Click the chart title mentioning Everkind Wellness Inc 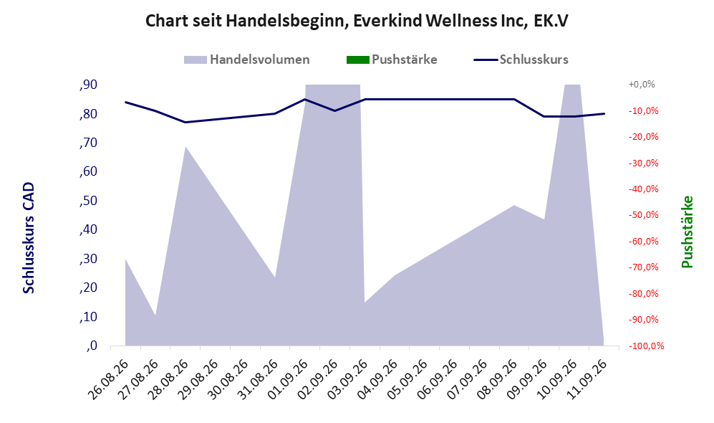tap(357, 21)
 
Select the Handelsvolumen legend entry tap(247, 60)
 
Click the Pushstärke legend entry tap(392, 60)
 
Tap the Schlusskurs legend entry tap(521, 60)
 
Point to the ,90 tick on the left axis tap(88, 85)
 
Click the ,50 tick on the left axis tap(88, 201)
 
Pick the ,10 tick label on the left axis tap(88, 317)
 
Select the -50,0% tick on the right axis tap(643, 214)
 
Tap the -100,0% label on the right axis tap(646, 346)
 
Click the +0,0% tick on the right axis tap(642, 85)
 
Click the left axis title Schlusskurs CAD tap(29, 238)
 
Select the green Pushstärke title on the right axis tap(687, 232)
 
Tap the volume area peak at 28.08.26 tap(185, 147)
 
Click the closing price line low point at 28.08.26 tap(185, 122)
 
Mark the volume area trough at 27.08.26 tap(155, 315)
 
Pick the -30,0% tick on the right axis tap(643, 163)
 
